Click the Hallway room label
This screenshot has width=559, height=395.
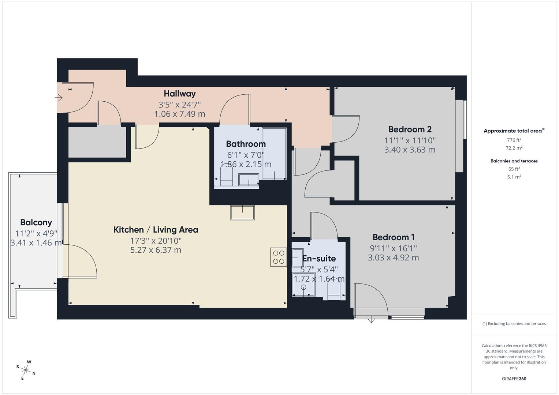[179, 94]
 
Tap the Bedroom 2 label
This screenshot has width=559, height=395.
[410, 129]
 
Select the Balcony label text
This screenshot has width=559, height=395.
[36, 222]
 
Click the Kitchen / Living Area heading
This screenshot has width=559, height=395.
[156, 230]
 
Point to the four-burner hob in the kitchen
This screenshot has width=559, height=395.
[279, 257]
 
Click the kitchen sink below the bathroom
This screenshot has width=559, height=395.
[242, 212]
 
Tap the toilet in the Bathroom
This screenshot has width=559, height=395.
[227, 176]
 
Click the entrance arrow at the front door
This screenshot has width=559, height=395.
[59, 98]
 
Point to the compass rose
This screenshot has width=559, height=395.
[26, 370]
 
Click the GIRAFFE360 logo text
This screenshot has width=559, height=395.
[514, 379]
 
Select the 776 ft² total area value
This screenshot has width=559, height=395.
[514, 140]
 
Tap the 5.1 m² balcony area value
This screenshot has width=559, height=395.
[514, 177]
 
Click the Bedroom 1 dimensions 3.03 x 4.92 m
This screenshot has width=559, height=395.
[393, 257]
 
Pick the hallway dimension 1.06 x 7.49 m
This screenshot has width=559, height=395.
[179, 114]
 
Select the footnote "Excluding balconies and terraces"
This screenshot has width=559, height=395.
[516, 324]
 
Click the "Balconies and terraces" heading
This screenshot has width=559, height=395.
[514, 161]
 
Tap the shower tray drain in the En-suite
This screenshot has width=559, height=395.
[303, 287]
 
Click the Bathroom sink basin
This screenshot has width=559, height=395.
[249, 180]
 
